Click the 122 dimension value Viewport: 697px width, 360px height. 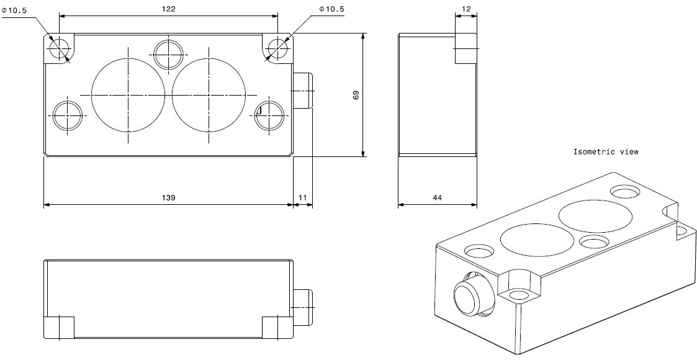click(168, 9)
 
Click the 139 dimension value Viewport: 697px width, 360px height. click(168, 197)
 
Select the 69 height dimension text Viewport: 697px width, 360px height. click(356, 95)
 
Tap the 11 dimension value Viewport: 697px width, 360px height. click(302, 197)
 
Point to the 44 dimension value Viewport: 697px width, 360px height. click(437, 197)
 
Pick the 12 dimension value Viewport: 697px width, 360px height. click(467, 9)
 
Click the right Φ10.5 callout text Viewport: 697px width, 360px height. click(331, 9)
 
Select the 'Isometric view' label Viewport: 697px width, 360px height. click(606, 151)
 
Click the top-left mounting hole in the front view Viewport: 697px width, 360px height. click(60, 47)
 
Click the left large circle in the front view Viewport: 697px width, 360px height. click(128, 94)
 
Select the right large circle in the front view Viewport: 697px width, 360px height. click(209, 94)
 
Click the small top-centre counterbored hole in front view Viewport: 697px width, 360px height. click(168, 54)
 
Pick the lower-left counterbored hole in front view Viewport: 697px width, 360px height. click(67, 115)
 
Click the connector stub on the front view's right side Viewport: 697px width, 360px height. click(303, 90)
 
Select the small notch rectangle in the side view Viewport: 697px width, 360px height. click(466, 48)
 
